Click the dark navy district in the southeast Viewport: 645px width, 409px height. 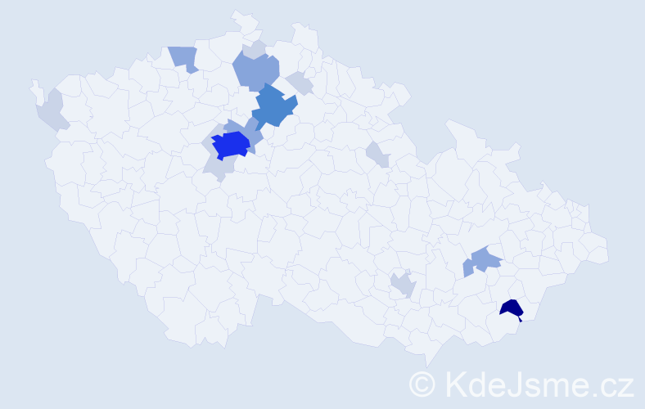pos(512,308)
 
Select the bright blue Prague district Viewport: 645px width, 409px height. pos(230,145)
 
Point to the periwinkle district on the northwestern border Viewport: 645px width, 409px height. pos(184,57)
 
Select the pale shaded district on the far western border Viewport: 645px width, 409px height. pos(52,111)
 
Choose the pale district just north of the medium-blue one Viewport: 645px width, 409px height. pos(300,83)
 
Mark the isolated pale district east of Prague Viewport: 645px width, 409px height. pos(377,153)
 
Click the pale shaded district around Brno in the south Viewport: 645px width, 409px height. pos(403,285)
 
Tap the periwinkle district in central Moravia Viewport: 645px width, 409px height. pos(483,260)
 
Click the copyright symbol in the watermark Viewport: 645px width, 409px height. pos(422,383)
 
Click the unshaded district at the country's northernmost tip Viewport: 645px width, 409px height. pos(242,20)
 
